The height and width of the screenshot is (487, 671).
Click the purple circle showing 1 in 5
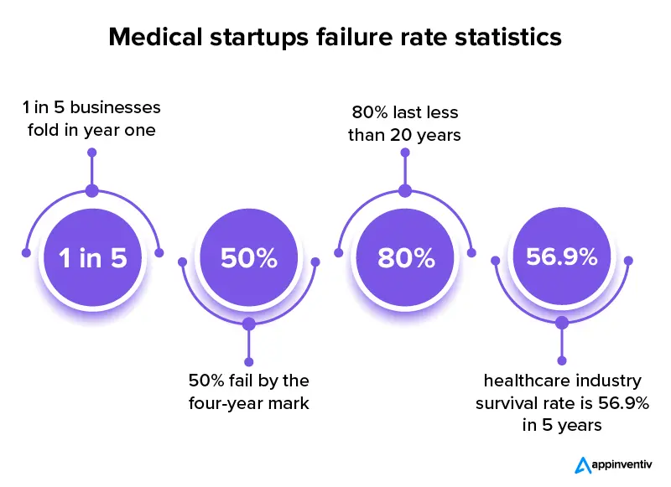tap(92, 258)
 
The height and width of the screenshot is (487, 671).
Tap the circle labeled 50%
tap(248, 258)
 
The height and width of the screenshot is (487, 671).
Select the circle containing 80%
tap(406, 258)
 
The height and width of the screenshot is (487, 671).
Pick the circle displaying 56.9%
tap(562, 256)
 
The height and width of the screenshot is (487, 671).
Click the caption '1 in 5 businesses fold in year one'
tap(92, 119)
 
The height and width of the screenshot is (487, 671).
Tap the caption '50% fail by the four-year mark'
tap(249, 391)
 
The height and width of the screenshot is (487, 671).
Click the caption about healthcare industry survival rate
tap(562, 403)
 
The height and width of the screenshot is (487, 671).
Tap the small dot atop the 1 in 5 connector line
tap(92, 153)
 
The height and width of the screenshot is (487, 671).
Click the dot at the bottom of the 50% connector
tap(248, 362)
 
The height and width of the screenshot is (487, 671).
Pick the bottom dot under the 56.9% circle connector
tap(562, 362)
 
